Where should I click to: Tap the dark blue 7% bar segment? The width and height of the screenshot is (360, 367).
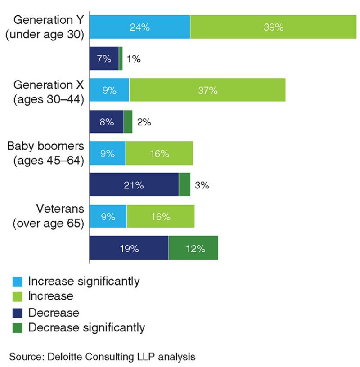pyautogui.click(x=104, y=58)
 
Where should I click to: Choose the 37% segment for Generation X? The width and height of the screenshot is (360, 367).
pyautogui.click(x=207, y=90)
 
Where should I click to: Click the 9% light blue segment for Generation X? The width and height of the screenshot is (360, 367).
pyautogui.click(x=109, y=90)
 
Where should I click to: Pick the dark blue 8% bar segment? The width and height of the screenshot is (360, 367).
pyautogui.click(x=106, y=122)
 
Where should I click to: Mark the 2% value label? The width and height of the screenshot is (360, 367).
pyautogui.click(x=144, y=122)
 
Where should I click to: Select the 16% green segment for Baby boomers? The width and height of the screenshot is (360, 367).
pyautogui.click(x=159, y=153)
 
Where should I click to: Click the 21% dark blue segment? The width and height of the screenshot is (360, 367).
pyautogui.click(x=134, y=185)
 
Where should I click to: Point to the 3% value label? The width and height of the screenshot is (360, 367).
pyautogui.click(x=202, y=185)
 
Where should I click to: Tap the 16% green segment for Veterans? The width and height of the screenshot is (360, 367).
pyautogui.click(x=161, y=217)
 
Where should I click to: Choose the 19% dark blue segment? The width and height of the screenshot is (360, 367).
pyautogui.click(x=129, y=248)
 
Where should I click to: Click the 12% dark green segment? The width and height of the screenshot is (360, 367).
pyautogui.click(x=193, y=248)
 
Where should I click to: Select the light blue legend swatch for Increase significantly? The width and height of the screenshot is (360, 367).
pyautogui.click(x=17, y=282)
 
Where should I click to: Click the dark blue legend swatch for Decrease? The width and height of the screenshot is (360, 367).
pyautogui.click(x=17, y=313)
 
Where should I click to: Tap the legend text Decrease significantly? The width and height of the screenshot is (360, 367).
pyautogui.click(x=86, y=327)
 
